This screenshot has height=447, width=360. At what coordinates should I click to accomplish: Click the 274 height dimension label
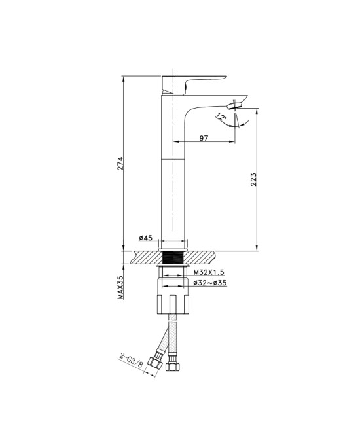coord(120,163)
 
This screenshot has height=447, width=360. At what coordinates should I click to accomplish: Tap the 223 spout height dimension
coord(253,179)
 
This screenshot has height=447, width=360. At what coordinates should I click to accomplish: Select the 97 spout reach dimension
coord(204,138)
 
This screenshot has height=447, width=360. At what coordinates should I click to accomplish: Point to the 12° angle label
coord(221,116)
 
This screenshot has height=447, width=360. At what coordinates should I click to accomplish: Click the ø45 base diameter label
coord(146,238)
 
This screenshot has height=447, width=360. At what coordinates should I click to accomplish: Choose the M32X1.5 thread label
coord(209,272)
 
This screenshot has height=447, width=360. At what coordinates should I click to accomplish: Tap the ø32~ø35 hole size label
coord(210,283)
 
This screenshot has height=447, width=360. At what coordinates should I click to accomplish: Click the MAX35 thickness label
coord(120,287)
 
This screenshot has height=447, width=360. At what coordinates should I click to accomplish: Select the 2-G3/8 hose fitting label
coord(131,361)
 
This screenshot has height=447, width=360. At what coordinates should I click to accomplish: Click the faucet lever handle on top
coord(188,84)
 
